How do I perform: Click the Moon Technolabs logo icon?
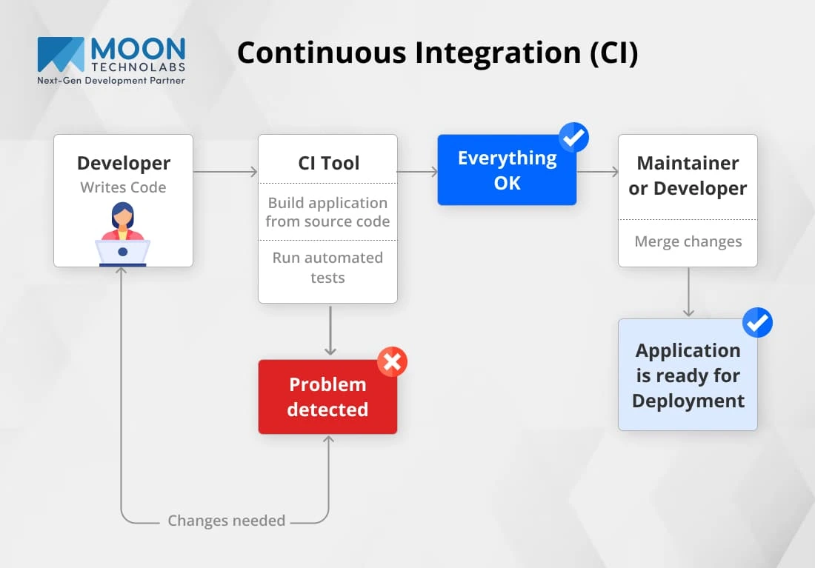click(60, 54)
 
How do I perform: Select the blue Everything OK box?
click(507, 170)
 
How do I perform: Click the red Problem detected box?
click(327, 396)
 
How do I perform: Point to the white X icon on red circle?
click(392, 361)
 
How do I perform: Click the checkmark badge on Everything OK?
click(573, 137)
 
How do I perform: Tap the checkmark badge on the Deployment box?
click(757, 322)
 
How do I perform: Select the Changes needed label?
click(226, 520)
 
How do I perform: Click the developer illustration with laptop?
click(123, 234)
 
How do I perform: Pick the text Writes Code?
click(123, 187)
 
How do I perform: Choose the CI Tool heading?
click(328, 163)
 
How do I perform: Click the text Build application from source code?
click(327, 212)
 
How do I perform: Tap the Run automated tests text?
click(327, 267)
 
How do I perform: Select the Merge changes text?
click(688, 241)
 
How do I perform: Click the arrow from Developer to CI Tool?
click(225, 172)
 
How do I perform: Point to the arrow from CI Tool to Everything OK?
click(417, 172)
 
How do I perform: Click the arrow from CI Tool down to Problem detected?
click(330, 330)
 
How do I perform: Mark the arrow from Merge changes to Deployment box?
click(689, 292)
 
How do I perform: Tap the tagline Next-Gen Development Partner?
click(110, 81)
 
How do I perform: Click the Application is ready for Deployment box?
click(688, 375)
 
